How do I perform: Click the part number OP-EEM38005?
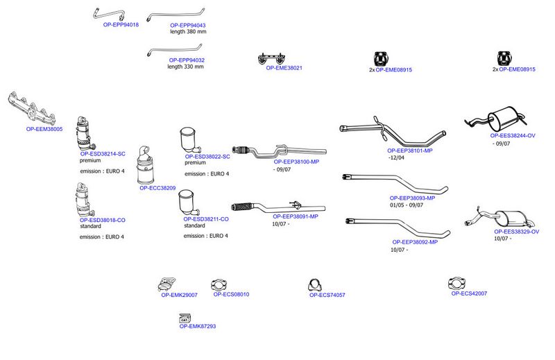[x=44, y=129]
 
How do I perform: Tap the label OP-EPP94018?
[x=121, y=25]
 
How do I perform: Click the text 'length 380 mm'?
[x=188, y=31]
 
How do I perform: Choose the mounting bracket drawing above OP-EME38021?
[x=271, y=58]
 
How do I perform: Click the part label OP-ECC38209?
[x=157, y=188]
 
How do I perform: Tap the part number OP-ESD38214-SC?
[x=103, y=154]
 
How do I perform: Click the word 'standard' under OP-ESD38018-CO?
[x=90, y=226]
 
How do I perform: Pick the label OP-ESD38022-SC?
[x=207, y=157]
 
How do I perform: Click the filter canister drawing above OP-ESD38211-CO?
[x=189, y=203]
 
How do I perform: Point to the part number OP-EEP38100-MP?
[x=296, y=162]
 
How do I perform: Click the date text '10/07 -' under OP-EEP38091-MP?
[x=281, y=224]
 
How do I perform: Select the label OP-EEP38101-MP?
[x=410, y=151]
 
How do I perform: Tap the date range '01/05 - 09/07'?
[x=407, y=205]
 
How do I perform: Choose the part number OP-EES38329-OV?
[x=516, y=232]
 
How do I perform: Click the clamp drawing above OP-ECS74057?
[x=314, y=285]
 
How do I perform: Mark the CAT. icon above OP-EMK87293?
[x=185, y=318]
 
